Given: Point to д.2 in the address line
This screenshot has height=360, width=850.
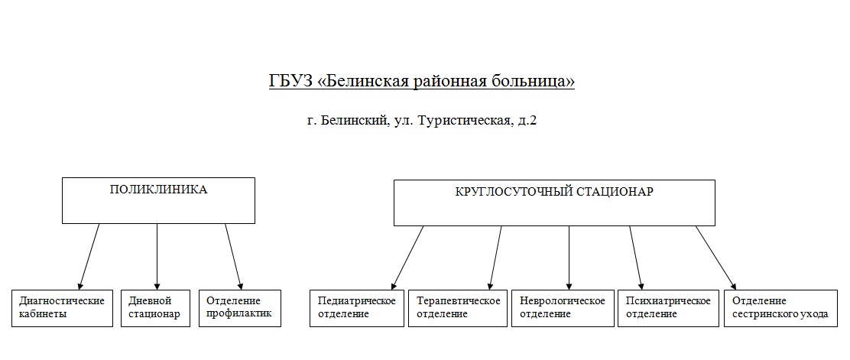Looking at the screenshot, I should (x=527, y=121).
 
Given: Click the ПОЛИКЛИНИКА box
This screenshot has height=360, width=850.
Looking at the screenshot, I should (x=158, y=200).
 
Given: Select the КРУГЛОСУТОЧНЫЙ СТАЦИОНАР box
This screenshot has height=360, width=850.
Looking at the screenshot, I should (x=554, y=203).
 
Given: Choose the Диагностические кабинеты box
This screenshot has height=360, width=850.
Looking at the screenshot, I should (x=63, y=308).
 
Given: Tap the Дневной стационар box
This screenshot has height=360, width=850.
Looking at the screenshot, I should (x=157, y=308).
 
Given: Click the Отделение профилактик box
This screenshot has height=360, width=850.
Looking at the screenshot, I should (x=239, y=308).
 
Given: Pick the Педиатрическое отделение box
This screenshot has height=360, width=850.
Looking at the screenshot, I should (x=357, y=308).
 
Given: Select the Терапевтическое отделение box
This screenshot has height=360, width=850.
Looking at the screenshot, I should (x=457, y=308).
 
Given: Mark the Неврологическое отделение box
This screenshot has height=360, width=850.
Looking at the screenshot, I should (x=562, y=308).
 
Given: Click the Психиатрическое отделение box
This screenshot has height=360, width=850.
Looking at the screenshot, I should (x=668, y=308).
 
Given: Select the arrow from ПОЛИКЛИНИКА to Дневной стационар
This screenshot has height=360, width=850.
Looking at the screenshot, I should (x=157, y=257).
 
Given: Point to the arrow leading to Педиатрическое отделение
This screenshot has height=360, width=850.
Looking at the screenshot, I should (x=407, y=257).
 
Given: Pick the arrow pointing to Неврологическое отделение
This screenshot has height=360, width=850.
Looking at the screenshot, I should (x=569, y=257).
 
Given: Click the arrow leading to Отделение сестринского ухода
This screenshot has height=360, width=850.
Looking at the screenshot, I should (x=715, y=257).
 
